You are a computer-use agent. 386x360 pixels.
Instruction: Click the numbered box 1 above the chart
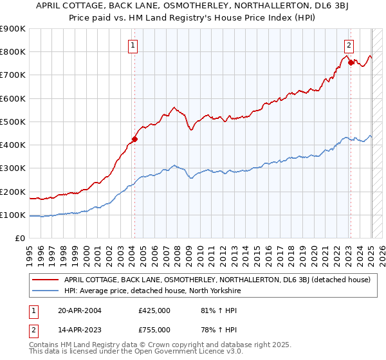point(133,45)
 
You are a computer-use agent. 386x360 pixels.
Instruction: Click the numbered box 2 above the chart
point(348,45)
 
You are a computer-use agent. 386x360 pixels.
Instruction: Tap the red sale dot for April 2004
point(135,138)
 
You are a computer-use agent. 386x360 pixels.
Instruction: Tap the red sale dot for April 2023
point(351,62)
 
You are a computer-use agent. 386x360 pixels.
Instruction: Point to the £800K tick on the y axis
point(13,52)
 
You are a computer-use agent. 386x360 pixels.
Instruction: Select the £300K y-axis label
point(13,168)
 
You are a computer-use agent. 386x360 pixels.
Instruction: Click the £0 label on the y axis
point(19,239)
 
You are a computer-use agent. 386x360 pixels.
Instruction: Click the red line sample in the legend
point(46,280)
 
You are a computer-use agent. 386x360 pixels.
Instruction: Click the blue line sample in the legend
point(46,291)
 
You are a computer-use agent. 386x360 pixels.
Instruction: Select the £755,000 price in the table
point(154,329)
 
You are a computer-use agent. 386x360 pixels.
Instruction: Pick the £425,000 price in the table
point(154,310)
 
